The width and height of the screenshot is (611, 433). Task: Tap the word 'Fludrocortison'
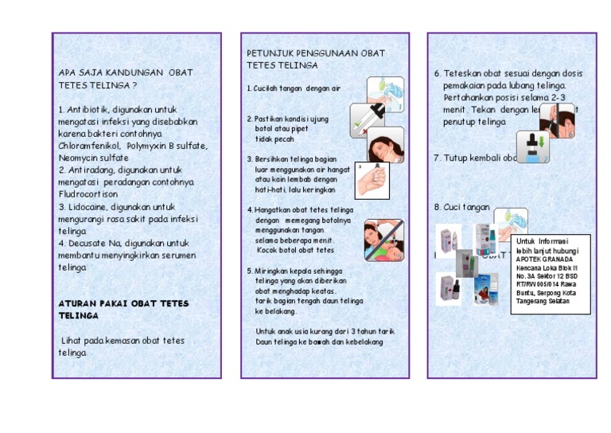pos(88,193)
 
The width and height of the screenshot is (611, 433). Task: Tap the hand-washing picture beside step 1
pos(385,93)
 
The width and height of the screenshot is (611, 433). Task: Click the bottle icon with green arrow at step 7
pos(532,148)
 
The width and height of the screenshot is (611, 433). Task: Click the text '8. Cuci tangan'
pos(461,207)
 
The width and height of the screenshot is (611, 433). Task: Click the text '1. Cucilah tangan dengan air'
pos(293,88)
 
